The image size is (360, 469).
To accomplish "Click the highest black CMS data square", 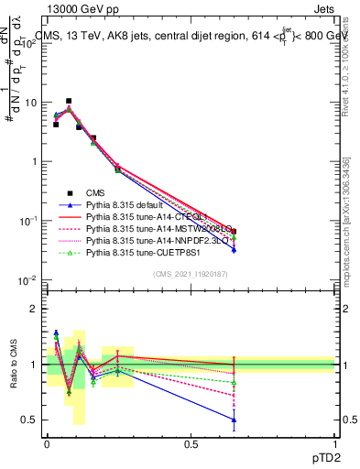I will [x=69, y=101].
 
